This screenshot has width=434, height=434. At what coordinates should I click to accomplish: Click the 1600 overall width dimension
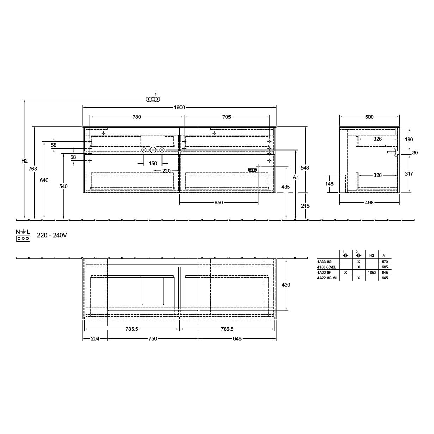coord(179,108)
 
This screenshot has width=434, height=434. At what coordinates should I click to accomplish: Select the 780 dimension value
coord(137,117)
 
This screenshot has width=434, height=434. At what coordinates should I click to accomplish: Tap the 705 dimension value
coord(227,117)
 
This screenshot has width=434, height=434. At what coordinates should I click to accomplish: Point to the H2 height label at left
coord(25,161)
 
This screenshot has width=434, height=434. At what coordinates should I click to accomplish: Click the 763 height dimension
coord(33,169)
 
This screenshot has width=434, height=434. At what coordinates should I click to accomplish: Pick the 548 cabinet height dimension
coord(305,167)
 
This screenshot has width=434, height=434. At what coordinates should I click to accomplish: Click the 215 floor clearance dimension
coord(305,206)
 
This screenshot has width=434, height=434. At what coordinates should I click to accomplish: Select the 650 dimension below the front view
coord(219,203)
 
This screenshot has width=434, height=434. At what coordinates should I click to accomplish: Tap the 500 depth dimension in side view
coord(369,117)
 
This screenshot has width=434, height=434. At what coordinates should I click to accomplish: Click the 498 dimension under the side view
coord(369,203)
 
